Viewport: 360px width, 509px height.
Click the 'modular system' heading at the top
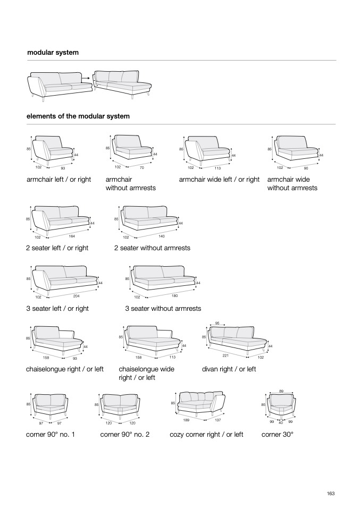tap(53, 53)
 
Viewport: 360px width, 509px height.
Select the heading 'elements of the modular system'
tap(78, 116)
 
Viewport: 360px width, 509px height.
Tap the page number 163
tap(331, 494)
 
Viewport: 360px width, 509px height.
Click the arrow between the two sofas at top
tap(85, 78)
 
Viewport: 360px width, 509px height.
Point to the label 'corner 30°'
tap(278, 435)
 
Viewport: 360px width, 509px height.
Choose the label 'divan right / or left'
tap(229, 369)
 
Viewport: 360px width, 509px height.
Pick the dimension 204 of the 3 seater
tap(77, 295)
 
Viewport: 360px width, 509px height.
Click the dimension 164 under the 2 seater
tap(72, 235)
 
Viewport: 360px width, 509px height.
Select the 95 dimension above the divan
tap(217, 323)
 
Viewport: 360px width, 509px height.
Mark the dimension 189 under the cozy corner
tap(187, 420)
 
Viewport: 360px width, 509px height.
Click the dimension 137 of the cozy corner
tap(217, 420)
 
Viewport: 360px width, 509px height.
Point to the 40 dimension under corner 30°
tap(281, 422)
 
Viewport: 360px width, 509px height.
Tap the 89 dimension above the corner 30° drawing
tap(281, 392)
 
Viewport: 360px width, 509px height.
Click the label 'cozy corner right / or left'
tap(206, 435)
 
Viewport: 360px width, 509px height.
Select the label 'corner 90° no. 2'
tap(125, 435)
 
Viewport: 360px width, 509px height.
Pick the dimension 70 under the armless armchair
tap(142, 167)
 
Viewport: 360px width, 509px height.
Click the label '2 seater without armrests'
tap(152, 248)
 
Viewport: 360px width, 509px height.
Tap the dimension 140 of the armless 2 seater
tap(162, 235)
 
